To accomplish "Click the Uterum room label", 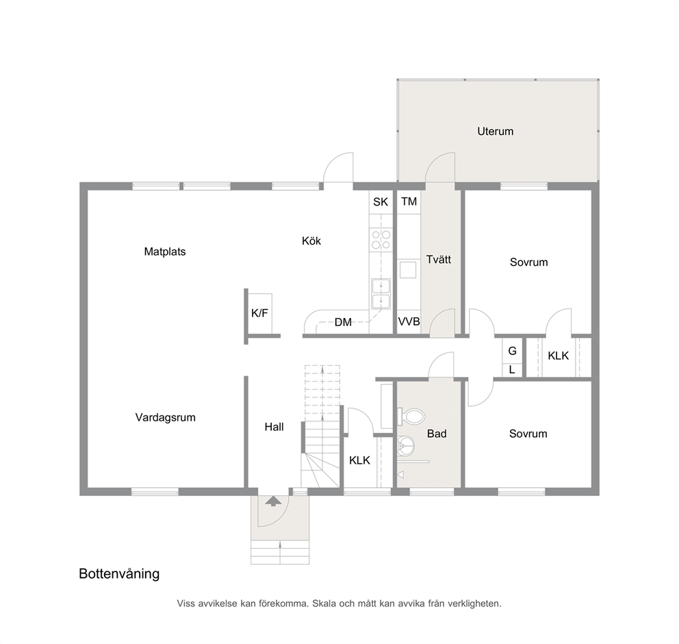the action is point(496,132).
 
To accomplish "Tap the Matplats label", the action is point(165,252).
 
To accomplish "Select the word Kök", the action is point(311,241).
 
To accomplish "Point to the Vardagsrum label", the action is point(166,418).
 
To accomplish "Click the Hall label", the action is point(274,428).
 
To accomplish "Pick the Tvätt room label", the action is point(439,260).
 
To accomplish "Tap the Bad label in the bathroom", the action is point(437,434).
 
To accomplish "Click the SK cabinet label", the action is point(381,202).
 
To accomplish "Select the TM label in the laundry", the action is point(409,201).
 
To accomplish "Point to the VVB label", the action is point(409,322).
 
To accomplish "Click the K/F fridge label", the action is point(260,313).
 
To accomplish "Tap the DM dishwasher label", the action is point(343,323).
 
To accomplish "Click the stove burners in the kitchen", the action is point(381,240).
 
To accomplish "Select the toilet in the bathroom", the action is point(411,417).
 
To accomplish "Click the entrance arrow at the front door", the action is point(273,501).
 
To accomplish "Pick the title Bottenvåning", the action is point(119,574).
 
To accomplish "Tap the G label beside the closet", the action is point(512,351).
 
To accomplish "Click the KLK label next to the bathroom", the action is point(359,460).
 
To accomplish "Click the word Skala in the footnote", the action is point(324,604).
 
